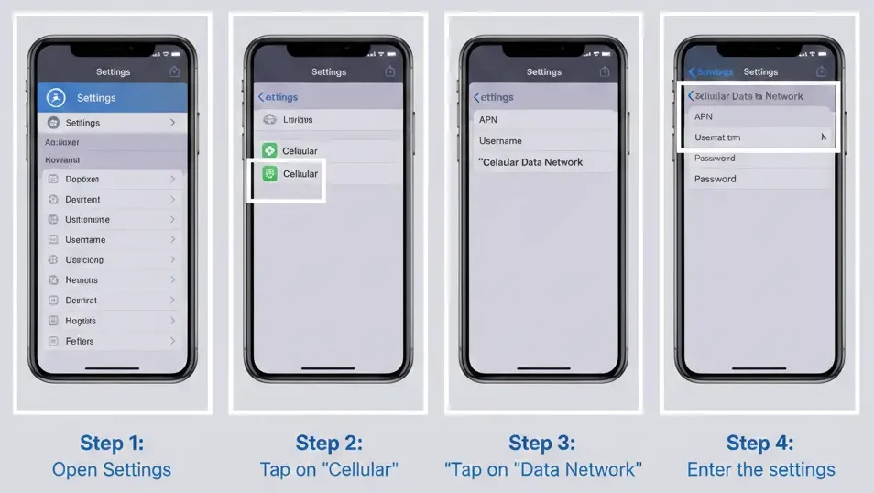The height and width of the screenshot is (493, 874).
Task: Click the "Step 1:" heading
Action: click(x=112, y=444)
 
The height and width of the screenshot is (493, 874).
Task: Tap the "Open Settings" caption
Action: click(x=112, y=470)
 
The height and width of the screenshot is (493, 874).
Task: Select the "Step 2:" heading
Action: click(x=329, y=444)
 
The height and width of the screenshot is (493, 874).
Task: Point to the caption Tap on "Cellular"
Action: click(x=329, y=470)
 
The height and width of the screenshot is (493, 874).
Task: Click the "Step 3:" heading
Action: click(x=542, y=444)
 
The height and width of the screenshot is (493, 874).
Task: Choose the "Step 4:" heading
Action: click(x=760, y=444)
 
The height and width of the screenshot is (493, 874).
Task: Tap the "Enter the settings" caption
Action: click(x=760, y=470)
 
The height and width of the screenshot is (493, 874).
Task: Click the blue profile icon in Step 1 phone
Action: click(x=57, y=98)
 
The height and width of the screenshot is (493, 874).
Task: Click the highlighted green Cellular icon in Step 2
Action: click(x=269, y=174)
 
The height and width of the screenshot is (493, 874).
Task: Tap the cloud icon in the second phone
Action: click(x=269, y=119)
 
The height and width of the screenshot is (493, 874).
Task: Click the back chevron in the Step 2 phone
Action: click(x=261, y=97)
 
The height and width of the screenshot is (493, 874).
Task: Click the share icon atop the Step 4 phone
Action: click(x=822, y=71)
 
